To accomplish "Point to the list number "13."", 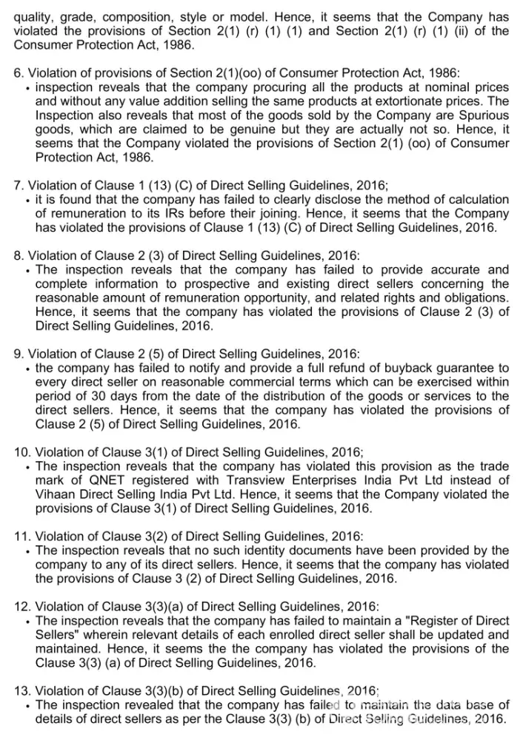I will click(23, 691).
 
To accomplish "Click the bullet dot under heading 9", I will click(27, 369).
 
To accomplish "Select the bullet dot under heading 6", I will click(27, 88).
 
